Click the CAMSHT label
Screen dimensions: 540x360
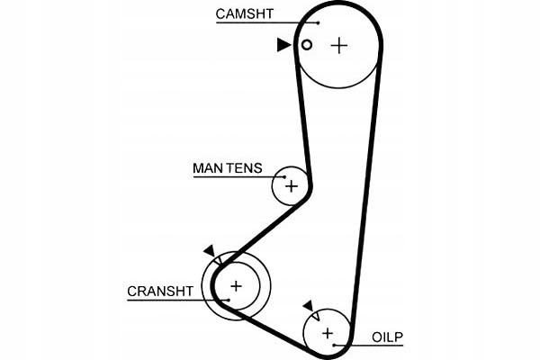click(245, 13)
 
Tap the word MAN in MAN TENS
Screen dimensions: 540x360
click(207, 168)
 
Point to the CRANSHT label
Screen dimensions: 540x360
click(160, 292)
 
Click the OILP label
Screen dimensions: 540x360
click(387, 337)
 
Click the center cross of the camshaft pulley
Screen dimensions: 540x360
click(339, 46)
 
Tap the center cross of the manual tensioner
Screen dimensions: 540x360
click(292, 186)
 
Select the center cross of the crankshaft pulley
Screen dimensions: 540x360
click(236, 286)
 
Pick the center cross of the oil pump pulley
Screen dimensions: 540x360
click(328, 333)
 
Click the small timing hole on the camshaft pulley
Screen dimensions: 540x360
click(307, 45)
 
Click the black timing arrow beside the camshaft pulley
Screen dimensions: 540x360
click(283, 45)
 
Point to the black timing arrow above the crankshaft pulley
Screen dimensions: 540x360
click(210, 250)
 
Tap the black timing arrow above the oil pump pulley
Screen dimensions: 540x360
click(308, 306)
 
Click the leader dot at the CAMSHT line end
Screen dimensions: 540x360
click(319, 22)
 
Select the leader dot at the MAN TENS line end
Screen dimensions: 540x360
click(284, 177)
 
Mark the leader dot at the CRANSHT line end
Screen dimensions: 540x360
click(229, 300)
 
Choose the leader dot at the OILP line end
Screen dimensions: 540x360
click(334, 345)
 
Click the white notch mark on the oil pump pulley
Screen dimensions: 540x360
click(316, 316)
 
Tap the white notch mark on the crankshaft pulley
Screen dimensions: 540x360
click(219, 261)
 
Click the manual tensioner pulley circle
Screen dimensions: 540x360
click(273, 186)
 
